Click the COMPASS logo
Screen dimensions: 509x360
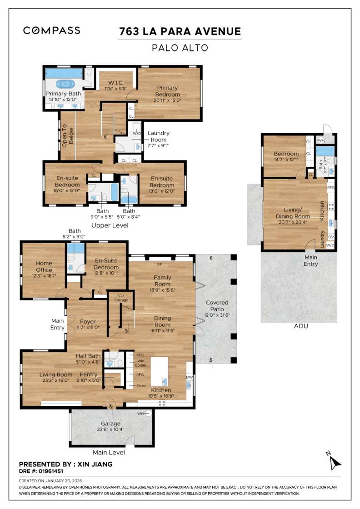pos(51,30)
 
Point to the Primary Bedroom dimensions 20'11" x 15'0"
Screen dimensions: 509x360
pos(167,100)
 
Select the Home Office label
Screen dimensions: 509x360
pos(44,266)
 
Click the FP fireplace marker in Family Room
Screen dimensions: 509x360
pos(159,264)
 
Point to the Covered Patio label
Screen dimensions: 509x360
pos(217,306)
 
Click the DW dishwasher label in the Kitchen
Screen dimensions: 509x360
pos(189,377)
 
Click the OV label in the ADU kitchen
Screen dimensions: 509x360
pos(330,237)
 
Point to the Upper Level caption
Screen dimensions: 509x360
pos(110,225)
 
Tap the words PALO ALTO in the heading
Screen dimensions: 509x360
pos(180,47)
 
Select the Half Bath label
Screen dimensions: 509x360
pos(88,356)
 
